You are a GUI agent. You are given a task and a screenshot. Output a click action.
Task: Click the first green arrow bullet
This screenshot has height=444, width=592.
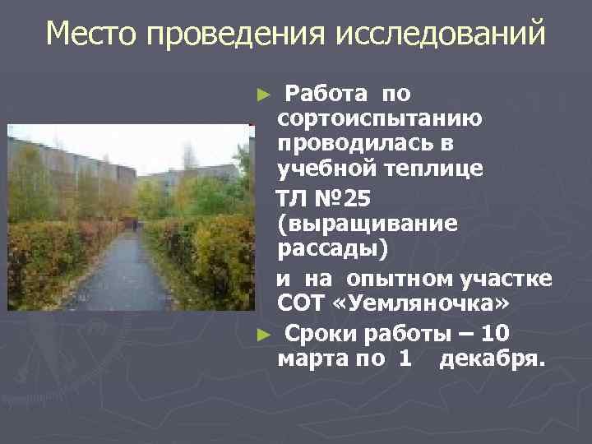(x=263, y=95)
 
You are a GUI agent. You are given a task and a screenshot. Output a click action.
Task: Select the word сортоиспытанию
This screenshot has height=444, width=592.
(x=380, y=118)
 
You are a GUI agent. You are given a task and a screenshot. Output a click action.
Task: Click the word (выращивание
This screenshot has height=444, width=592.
(x=368, y=224)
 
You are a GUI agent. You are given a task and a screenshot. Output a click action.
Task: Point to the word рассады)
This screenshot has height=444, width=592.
(x=327, y=248)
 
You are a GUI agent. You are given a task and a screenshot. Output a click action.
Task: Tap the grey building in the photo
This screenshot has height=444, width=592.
(x=74, y=160)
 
